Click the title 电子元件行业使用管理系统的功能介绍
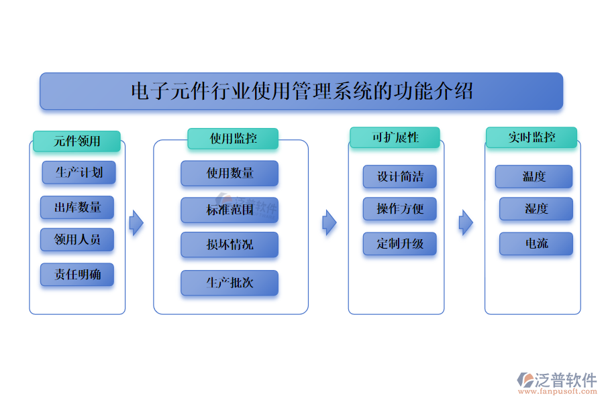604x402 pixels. pyautogui.click(x=301, y=91)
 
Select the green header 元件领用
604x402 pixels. pyautogui.click(x=77, y=141)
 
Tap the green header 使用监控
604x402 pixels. pyautogui.click(x=234, y=139)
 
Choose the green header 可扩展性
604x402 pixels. pyautogui.click(x=395, y=137)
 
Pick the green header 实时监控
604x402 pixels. pyautogui.click(x=532, y=137)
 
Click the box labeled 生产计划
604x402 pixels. pyautogui.click(x=79, y=172)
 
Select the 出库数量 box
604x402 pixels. pyautogui.click(x=77, y=208)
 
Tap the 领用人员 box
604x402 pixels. pyautogui.click(x=77, y=239)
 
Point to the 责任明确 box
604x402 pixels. pyautogui.click(x=77, y=275)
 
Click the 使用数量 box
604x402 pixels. pyautogui.click(x=230, y=174)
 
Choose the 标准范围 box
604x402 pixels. pyautogui.click(x=230, y=210)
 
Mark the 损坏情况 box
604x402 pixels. pyautogui.click(x=230, y=245)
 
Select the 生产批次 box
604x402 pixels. pyautogui.click(x=230, y=283)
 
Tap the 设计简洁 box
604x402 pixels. pyautogui.click(x=400, y=177)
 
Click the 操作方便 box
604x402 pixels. pyautogui.click(x=400, y=209)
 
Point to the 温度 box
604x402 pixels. pyautogui.click(x=534, y=177)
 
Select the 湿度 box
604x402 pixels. pyautogui.click(x=536, y=209)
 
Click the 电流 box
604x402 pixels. pyautogui.click(x=536, y=244)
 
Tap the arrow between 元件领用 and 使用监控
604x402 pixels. pyautogui.click(x=136, y=222)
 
